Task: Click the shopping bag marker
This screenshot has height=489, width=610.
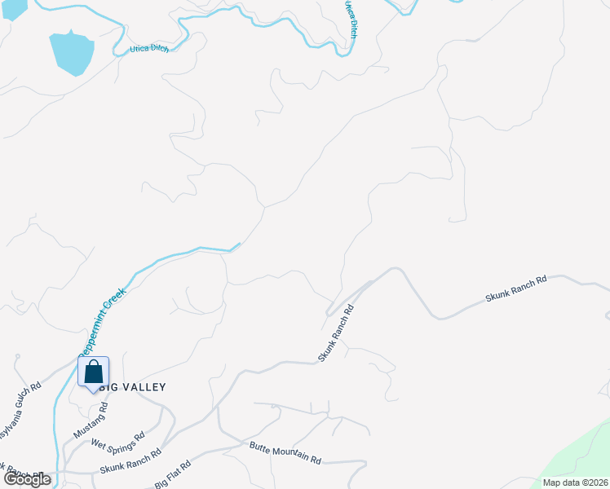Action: (x=94, y=372)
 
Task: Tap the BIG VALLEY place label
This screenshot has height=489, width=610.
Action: (x=130, y=387)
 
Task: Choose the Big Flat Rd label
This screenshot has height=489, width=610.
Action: (x=172, y=474)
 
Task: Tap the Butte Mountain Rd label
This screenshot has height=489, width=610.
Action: (x=285, y=454)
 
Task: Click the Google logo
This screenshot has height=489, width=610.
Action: (x=27, y=480)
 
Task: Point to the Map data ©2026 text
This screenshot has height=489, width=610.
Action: (x=576, y=482)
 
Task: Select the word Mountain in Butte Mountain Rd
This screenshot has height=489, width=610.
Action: (x=286, y=454)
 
